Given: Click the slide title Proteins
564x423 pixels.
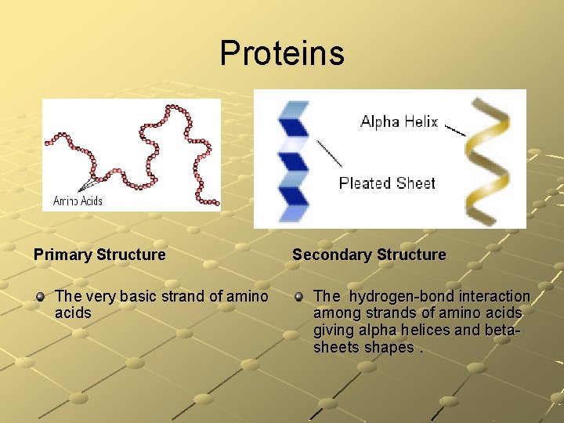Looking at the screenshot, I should (x=282, y=53).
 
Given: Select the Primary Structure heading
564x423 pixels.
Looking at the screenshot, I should (x=99, y=255).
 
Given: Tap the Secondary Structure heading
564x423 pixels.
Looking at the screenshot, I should (x=369, y=255).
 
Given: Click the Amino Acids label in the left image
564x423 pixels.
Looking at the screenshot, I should (x=78, y=201).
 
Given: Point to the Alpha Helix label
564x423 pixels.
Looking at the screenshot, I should (x=399, y=121).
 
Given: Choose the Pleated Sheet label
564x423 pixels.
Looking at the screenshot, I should (x=387, y=183).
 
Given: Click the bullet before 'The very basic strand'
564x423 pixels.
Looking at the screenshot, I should (x=40, y=297).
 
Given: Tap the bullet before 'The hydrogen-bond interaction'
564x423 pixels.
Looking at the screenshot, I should (x=298, y=297).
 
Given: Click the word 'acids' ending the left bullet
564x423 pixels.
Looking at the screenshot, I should (x=73, y=313).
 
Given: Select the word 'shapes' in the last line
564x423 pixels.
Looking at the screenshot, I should (x=389, y=347).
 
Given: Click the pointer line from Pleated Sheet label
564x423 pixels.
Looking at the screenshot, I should (x=329, y=154).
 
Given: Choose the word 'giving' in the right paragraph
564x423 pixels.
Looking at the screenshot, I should (x=332, y=330).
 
